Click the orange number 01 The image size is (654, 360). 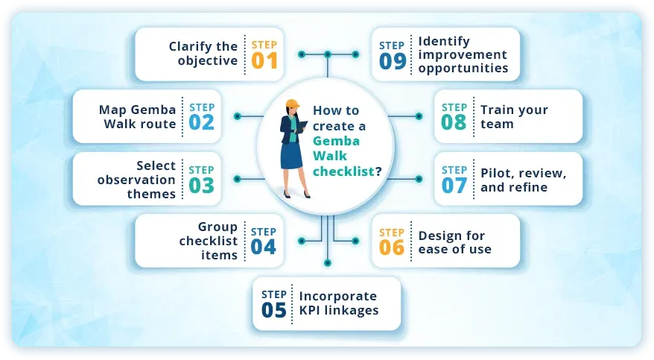264,60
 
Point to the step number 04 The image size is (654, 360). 264,247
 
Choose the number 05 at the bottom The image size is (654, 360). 274,309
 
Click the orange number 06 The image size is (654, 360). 392,247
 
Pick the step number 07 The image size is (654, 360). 454,185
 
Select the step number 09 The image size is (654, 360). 392,60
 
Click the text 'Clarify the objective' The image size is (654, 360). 203,54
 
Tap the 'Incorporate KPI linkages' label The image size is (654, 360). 339,303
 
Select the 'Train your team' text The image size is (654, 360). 514,116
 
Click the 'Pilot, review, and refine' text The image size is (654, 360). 524,180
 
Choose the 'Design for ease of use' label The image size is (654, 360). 455,242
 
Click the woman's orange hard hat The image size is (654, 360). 291,104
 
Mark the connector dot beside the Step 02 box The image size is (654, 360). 237,116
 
